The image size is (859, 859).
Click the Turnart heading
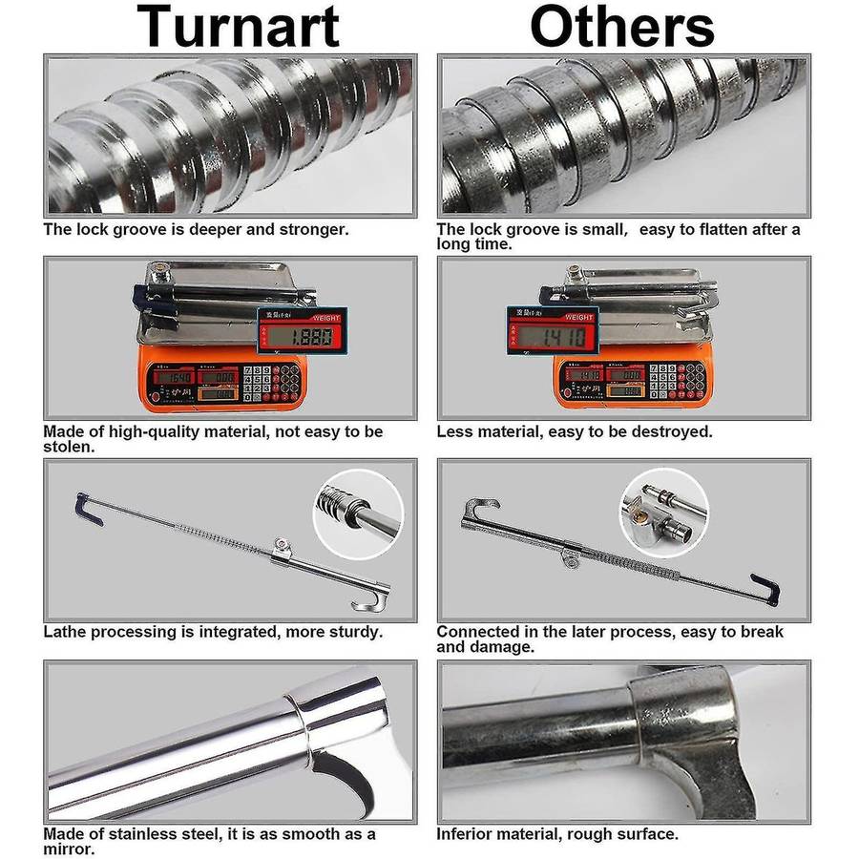coord(239,26)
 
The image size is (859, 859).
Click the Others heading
coord(622,26)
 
